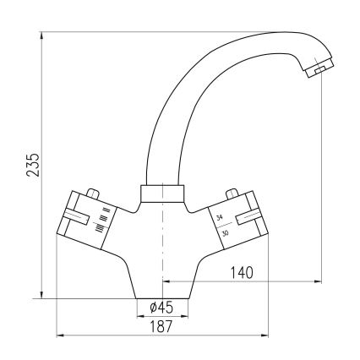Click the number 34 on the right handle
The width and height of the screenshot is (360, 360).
(221, 218)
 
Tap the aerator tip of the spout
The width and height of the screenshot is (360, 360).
(315, 70)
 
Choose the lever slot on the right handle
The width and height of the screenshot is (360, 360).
(252, 220)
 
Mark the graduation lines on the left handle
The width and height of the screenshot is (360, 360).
(101, 217)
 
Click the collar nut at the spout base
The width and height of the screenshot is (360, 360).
(161, 194)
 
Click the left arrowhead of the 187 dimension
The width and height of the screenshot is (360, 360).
(59, 334)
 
